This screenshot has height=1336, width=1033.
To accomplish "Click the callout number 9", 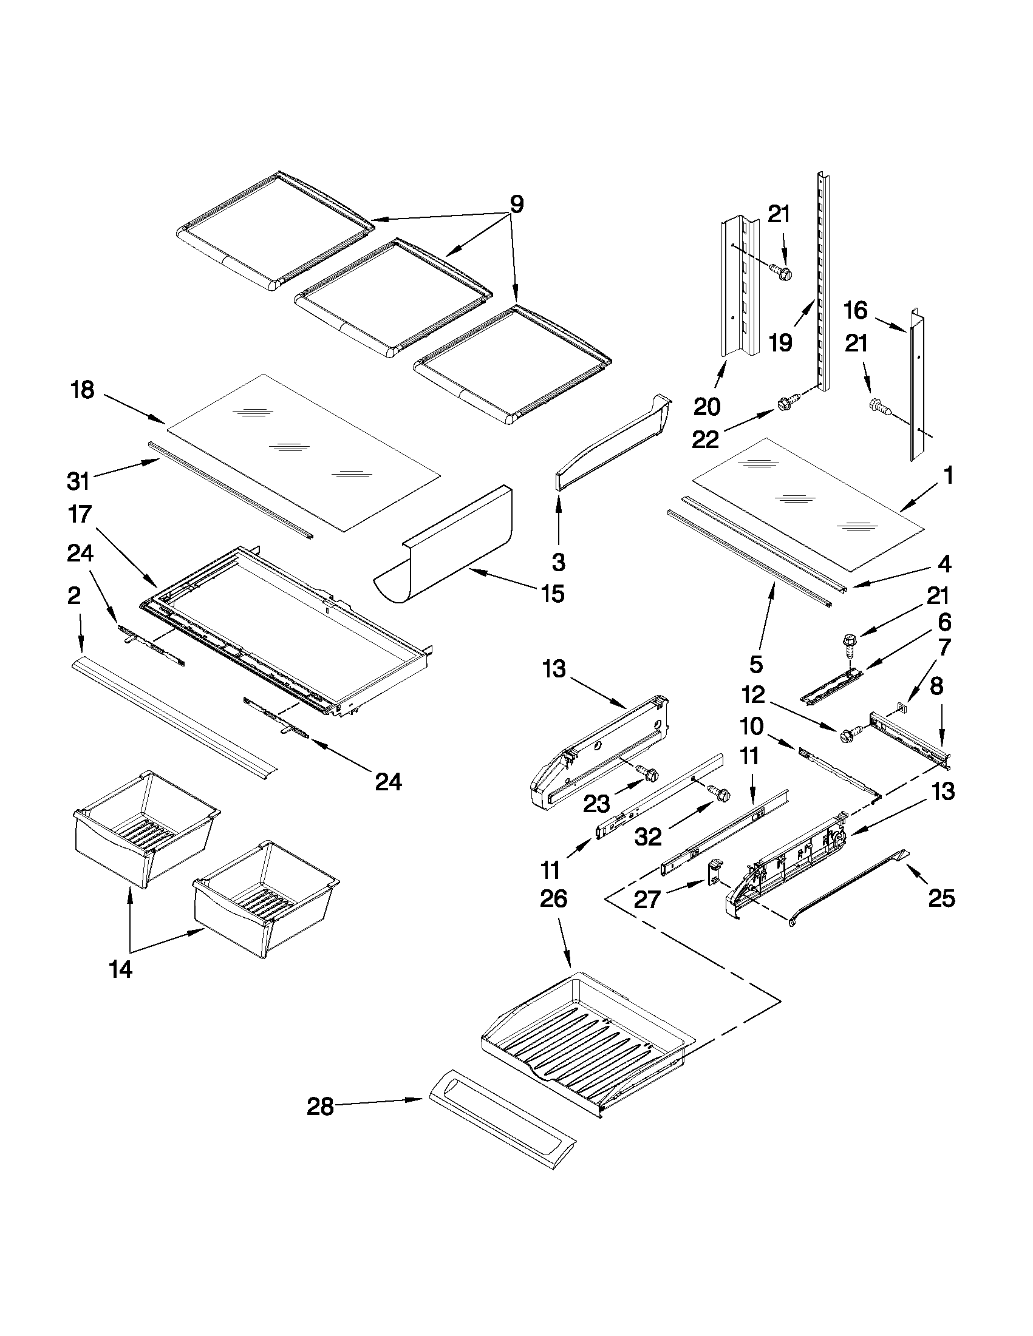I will [516, 205].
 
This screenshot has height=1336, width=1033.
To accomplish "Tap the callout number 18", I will [83, 390].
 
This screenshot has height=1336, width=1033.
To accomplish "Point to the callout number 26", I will [553, 899].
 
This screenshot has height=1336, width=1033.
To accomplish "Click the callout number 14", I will [121, 969].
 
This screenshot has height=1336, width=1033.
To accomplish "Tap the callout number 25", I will [941, 898].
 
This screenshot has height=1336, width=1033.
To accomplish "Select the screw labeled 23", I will [648, 773].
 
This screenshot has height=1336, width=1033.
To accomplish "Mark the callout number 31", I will [78, 481].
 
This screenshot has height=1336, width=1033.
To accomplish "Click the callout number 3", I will [557, 561].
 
